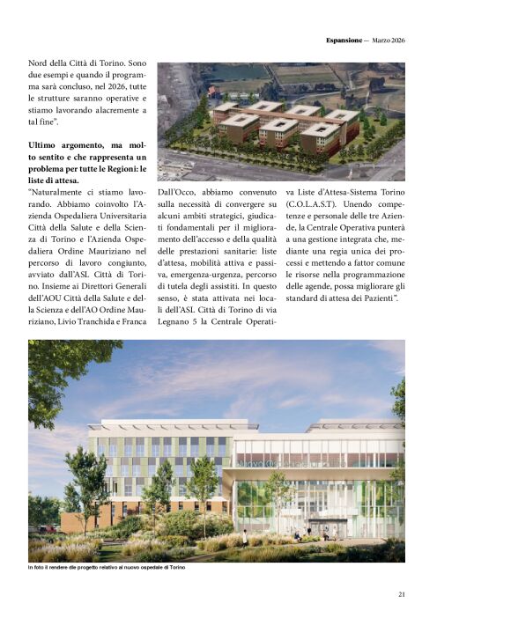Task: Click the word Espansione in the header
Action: pyautogui.click(x=344, y=40)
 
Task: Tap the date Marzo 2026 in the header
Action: pyautogui.click(x=388, y=40)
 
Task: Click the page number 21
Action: pyautogui.click(x=401, y=594)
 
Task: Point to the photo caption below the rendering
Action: pyautogui.click(x=107, y=567)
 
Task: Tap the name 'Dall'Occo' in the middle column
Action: pyautogui.click(x=179, y=191)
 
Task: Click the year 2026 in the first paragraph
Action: pyautogui.click(x=99, y=90)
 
